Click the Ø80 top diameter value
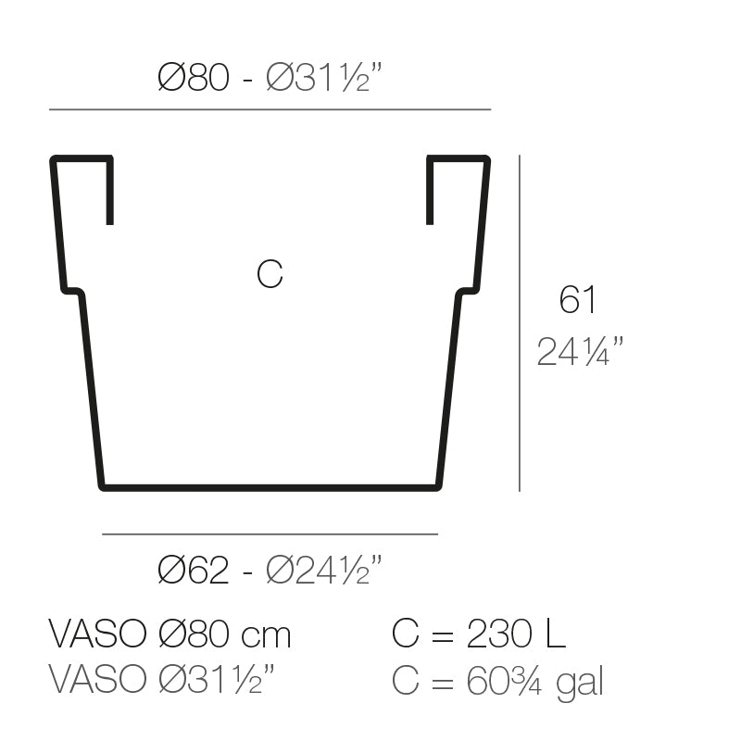pos(193,79)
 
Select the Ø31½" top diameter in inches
pos(324,79)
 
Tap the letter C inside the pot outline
pos(270,274)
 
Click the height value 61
pos(577,300)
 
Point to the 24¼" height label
pos(580,351)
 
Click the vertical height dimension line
pos(520,324)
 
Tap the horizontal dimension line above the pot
pos(270,109)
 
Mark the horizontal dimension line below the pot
pos(270,534)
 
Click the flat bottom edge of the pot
pos(270,486)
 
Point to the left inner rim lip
pos(109,191)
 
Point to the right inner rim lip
pos(430,191)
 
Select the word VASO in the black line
pos(97,634)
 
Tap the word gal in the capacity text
pos(580,683)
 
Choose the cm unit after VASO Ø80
pos(266,634)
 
